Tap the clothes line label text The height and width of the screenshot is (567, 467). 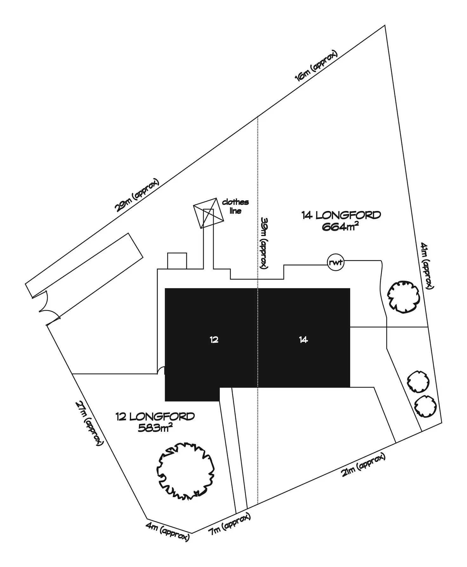pyautogui.click(x=235, y=206)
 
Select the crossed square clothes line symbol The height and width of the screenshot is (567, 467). pyautogui.click(x=208, y=213)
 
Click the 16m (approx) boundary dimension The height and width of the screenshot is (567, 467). pyautogui.click(x=316, y=66)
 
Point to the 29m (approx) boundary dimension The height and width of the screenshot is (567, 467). pyautogui.click(x=137, y=195)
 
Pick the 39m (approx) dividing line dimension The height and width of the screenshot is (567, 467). pyautogui.click(x=264, y=243)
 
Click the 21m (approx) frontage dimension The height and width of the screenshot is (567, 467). pyautogui.click(x=364, y=465)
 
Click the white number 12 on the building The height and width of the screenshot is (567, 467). pyautogui.click(x=214, y=340)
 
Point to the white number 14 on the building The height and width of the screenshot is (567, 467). pyautogui.click(x=303, y=340)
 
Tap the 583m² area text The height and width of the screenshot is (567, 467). pyautogui.click(x=155, y=428)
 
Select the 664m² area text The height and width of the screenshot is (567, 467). pyautogui.click(x=340, y=227)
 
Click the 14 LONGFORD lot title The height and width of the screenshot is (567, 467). pyautogui.click(x=341, y=215)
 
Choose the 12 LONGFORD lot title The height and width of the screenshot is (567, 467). pyautogui.click(x=155, y=416)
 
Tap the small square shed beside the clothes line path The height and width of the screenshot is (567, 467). pyautogui.click(x=177, y=261)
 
